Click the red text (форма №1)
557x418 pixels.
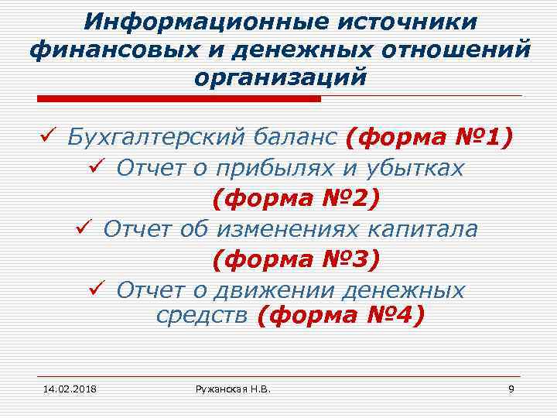click(x=430, y=137)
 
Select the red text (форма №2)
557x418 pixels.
click(x=296, y=199)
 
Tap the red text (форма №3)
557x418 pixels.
click(x=296, y=260)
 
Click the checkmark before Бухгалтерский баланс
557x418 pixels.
click(x=46, y=137)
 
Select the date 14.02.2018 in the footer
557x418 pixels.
click(x=64, y=387)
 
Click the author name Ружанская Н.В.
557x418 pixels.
click(x=232, y=387)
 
